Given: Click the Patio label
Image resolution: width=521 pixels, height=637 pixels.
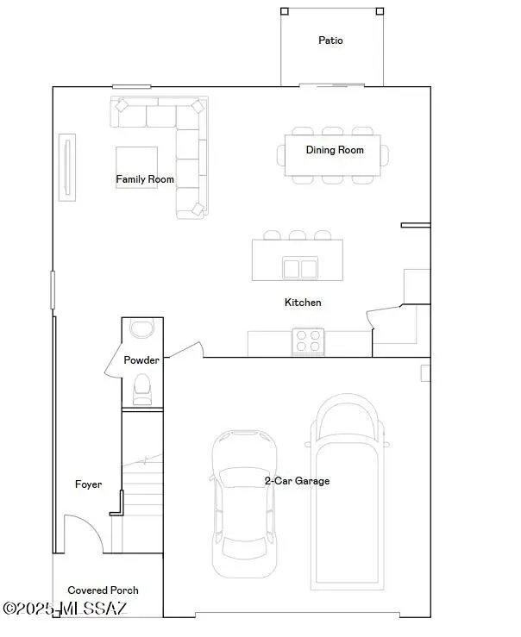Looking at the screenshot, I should coord(330,41).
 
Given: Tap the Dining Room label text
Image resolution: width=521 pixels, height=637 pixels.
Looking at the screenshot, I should coord(335,150).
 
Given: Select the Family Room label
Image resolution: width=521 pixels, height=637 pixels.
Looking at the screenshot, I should coord(145,179).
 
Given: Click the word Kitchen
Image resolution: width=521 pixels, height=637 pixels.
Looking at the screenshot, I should coord(303,303).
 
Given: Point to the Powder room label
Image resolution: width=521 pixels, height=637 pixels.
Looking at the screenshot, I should coord(141,359).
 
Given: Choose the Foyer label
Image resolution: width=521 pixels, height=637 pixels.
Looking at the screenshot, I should coord(88,484).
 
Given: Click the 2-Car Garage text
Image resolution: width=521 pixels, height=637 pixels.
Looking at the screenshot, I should coord(297,481).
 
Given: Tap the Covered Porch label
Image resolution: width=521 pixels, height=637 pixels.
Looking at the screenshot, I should coord(103,590).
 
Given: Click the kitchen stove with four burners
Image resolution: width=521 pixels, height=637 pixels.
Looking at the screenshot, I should coord(309,342).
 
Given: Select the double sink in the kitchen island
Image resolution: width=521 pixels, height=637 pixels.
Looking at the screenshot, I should coord(298,269).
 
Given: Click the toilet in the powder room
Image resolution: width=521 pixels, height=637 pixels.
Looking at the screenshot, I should coord(142,390).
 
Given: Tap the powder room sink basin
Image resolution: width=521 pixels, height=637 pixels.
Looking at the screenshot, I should coord(141,328).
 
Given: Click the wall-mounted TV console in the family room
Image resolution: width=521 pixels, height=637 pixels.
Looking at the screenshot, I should coord(67,167).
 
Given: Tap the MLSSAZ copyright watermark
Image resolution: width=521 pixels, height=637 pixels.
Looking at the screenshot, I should coord(65,609).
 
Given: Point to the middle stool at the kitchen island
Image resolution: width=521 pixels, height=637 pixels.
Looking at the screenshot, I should coord(298,234).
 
